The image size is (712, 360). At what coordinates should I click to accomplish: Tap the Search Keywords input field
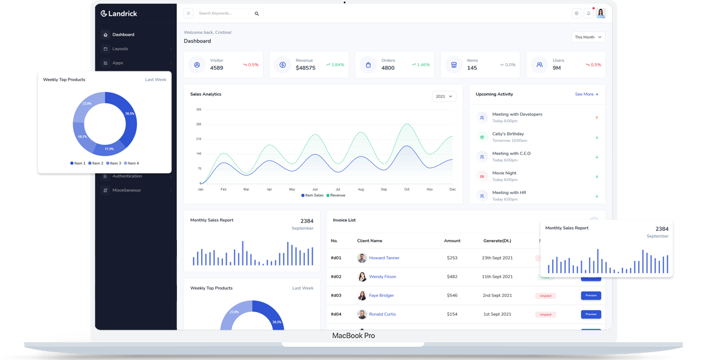pyautogui.click(x=224, y=13)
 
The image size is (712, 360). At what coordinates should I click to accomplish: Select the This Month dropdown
pyautogui.click(x=588, y=37)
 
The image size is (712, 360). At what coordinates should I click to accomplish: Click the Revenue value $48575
pyautogui.click(x=305, y=68)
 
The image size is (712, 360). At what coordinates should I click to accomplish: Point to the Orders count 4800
pyautogui.click(x=388, y=68)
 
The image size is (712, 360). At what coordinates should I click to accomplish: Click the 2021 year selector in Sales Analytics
pyautogui.click(x=444, y=96)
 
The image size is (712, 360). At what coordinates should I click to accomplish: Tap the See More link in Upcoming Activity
pyautogui.click(x=586, y=95)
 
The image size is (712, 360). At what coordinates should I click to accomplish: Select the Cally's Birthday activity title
pyautogui.click(x=508, y=134)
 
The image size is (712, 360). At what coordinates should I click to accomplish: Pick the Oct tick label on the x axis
pyautogui.click(x=407, y=190)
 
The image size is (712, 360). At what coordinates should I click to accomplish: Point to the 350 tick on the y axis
pyautogui.click(x=198, y=110)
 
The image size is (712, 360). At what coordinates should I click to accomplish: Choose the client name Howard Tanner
pyautogui.click(x=384, y=258)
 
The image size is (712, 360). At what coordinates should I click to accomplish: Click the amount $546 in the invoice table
pyautogui.click(x=452, y=295)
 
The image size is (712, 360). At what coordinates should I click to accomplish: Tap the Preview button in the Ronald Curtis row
pyautogui.click(x=591, y=314)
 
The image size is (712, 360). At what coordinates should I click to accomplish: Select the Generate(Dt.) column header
pyautogui.click(x=497, y=241)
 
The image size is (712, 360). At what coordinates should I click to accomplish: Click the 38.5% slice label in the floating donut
pyautogui.click(x=129, y=113)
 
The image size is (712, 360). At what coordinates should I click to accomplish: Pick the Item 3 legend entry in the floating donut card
pyautogui.click(x=113, y=163)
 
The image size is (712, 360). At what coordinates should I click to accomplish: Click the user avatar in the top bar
pyautogui.click(x=601, y=13)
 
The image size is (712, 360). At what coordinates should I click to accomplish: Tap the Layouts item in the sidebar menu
pyautogui.click(x=120, y=48)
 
